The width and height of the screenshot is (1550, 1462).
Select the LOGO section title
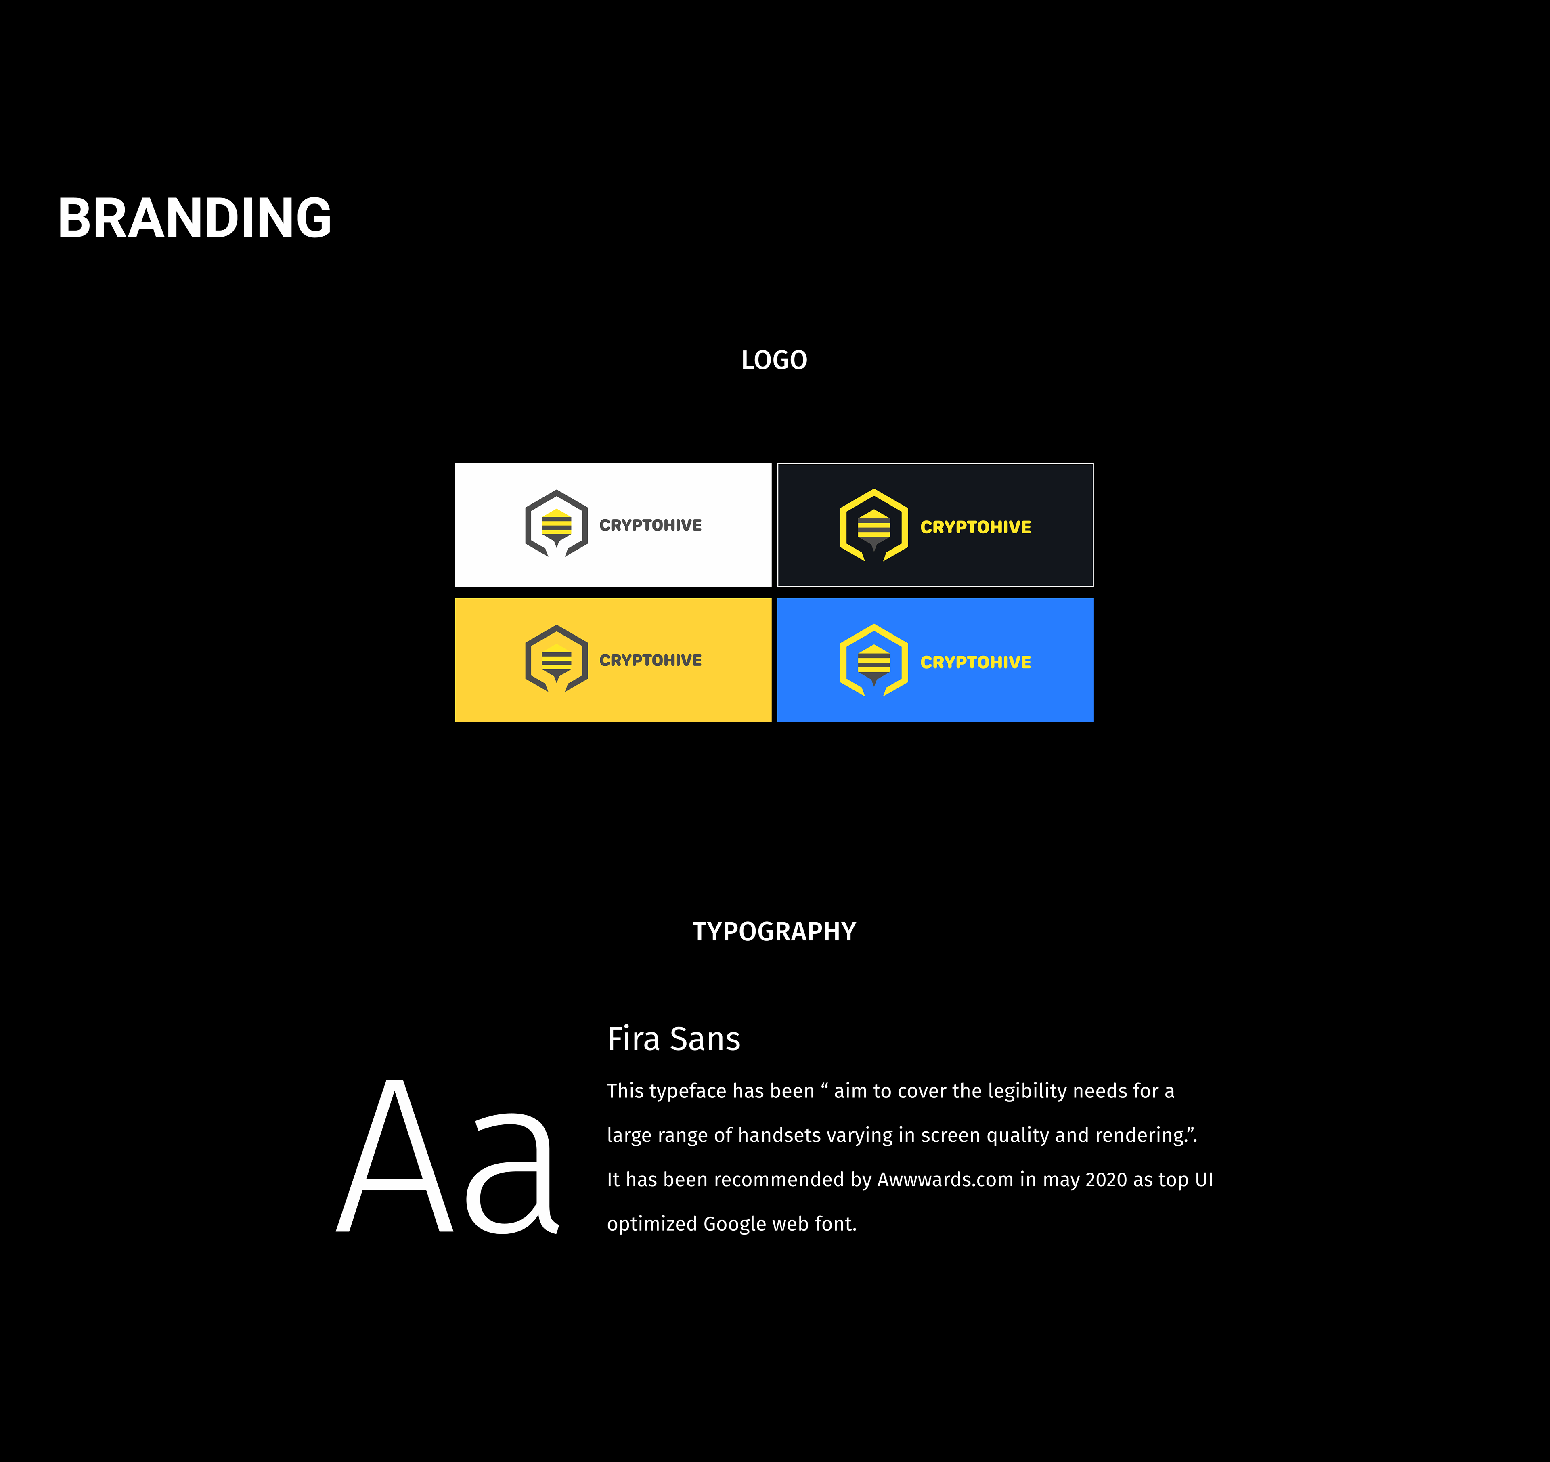pos(774,360)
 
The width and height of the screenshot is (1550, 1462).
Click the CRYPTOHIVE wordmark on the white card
pos(650,526)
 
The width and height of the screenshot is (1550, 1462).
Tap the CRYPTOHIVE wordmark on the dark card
pos(975,527)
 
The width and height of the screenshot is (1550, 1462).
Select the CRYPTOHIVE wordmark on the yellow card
pos(650,661)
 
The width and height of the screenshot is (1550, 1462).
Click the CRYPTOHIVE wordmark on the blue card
pos(975,662)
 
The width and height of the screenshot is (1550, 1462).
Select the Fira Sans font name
pos(674,1038)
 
